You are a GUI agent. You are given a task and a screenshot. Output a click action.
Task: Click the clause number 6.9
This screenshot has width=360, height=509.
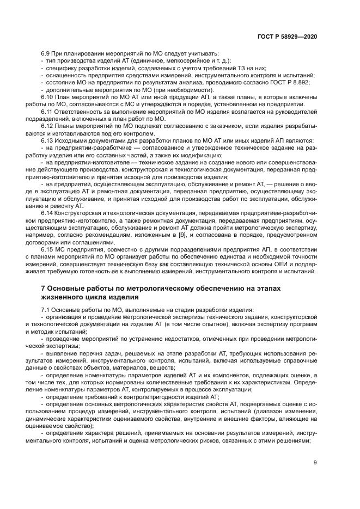coord(46,54)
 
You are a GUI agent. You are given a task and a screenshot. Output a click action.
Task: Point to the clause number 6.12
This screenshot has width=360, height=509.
coord(47,126)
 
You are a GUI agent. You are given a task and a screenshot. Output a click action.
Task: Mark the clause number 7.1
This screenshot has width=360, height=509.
coord(46,310)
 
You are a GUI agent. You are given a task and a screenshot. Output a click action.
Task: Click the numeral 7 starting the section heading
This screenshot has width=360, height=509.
coord(43,287)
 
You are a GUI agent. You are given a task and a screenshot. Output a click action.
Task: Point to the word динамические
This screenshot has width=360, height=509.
coord(61,419)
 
